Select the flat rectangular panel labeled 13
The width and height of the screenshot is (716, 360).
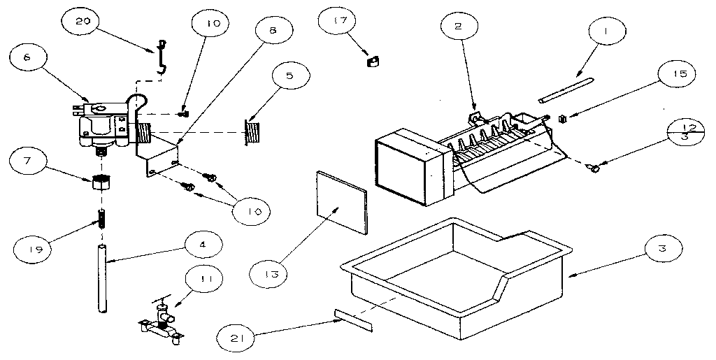343,200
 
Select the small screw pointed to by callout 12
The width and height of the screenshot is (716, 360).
594,167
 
